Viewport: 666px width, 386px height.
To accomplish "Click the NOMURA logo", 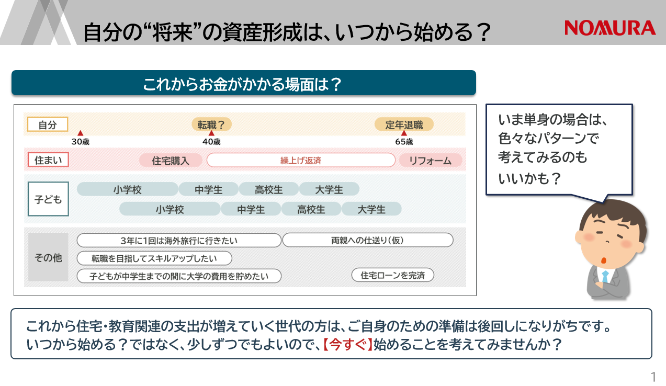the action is point(610,28).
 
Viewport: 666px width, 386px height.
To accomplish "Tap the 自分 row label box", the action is point(48,124).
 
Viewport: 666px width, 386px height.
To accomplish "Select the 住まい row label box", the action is point(48,160).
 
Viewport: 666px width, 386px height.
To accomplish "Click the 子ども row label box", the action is point(48,199).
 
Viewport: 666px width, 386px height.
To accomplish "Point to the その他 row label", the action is point(48,257).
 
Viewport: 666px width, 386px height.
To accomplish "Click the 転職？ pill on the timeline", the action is point(211,124).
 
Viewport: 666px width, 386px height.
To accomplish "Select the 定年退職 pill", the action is point(404,124).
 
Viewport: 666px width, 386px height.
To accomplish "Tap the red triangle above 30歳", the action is point(80,133).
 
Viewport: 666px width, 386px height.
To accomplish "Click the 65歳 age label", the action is point(404,142).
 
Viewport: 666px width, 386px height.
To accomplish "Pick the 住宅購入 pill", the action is point(171,161).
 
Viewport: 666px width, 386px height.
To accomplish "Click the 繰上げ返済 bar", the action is point(301,161).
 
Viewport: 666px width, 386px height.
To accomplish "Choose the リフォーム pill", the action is point(430,161).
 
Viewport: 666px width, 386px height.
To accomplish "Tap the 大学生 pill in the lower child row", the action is point(371,209).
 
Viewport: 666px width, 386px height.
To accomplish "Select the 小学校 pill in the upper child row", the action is point(128,189).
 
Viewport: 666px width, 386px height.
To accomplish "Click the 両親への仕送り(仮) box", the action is point(368,240).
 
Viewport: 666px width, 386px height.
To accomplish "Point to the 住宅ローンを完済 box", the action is point(393,275).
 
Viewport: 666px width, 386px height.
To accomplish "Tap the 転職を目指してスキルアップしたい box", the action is point(154,258).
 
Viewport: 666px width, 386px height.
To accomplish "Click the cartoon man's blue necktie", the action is point(605,276).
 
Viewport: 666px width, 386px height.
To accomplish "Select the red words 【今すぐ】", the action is point(348,345).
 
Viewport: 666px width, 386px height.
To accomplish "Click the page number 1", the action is point(653,377).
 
